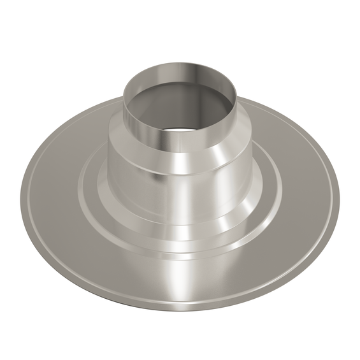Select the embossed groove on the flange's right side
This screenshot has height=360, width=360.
coord(281,191)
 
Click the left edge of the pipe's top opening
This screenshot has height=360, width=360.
coord(124,96)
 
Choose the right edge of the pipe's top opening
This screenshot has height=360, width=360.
coord(238,96)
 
